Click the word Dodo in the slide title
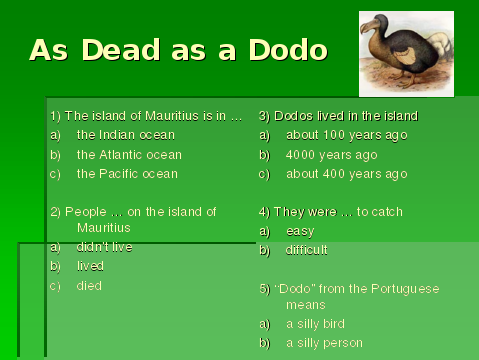pos(288,50)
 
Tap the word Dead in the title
pos(121,50)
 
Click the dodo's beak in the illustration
pos(368,27)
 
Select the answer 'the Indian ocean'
pos(126,135)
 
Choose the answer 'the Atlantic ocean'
pos(129,155)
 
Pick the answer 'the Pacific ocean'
pos(127,174)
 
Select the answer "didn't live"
pos(104,247)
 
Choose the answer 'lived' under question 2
pos(90,266)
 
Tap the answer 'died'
pos(89,286)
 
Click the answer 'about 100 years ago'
pos(347,135)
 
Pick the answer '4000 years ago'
pos(331,155)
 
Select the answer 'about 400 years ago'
pos(347,174)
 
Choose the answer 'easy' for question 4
pos(300,231)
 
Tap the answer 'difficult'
pos(306,250)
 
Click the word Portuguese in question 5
pos(405,289)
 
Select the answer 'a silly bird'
pos(315,324)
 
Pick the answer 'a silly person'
pos(324,343)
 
